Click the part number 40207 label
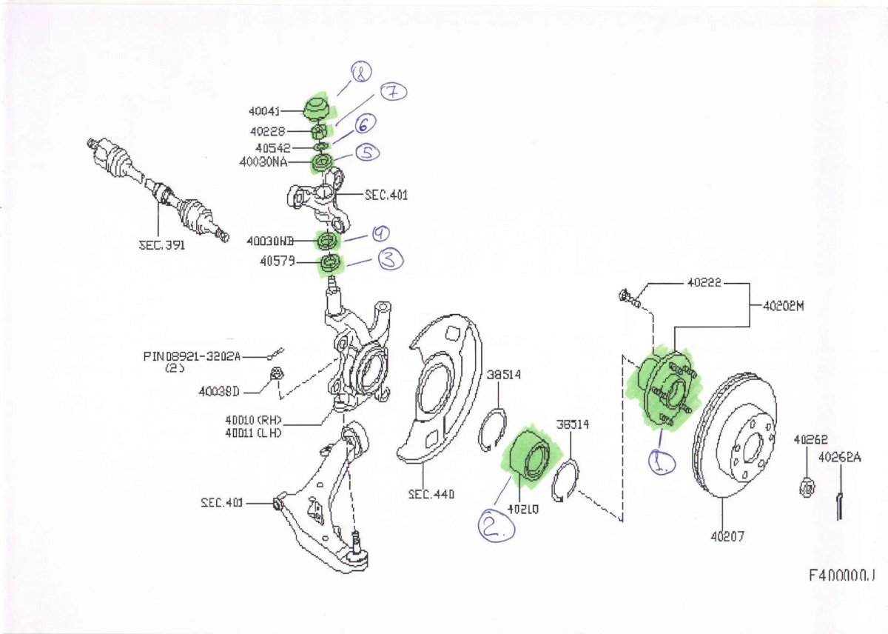click(x=727, y=537)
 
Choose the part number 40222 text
click(x=704, y=283)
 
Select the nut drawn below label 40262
click(x=808, y=487)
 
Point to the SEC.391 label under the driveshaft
click(x=162, y=244)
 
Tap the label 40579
click(x=277, y=261)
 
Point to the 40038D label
click(x=219, y=392)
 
